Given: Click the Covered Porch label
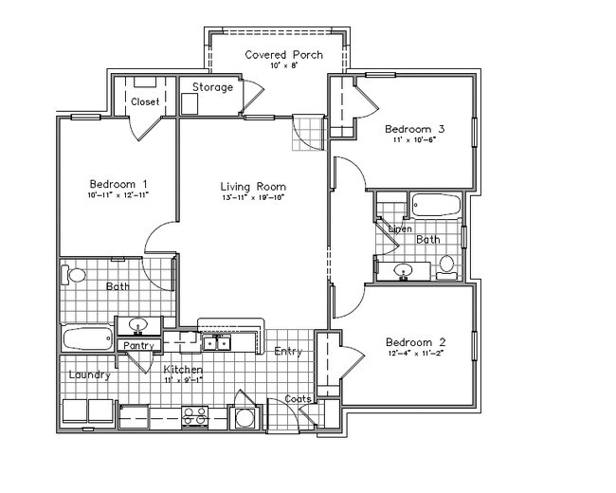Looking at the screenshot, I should pyautogui.click(x=283, y=55).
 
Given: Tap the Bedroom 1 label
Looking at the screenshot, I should pyautogui.click(x=118, y=184).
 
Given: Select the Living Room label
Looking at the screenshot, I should pyautogui.click(x=253, y=187).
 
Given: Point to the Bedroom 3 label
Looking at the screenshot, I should pyautogui.click(x=414, y=129).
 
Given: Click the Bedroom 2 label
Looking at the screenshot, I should pyautogui.click(x=415, y=342).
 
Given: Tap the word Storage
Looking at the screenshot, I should pyautogui.click(x=212, y=87).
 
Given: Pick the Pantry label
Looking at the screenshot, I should pyautogui.click(x=138, y=345).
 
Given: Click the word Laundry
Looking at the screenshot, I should pyautogui.click(x=90, y=374).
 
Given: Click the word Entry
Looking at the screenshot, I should pyautogui.click(x=288, y=352).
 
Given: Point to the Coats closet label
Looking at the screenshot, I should pyautogui.click(x=299, y=399).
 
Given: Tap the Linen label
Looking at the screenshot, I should pyautogui.click(x=399, y=229).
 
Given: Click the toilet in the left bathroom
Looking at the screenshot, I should pyautogui.click(x=76, y=276).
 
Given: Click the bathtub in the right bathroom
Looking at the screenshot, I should pyautogui.click(x=435, y=205).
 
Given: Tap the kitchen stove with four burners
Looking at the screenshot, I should pyautogui.click(x=195, y=413).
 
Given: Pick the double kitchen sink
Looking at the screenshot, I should pyautogui.click(x=216, y=342).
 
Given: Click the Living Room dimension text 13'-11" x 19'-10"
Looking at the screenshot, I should pyautogui.click(x=253, y=198).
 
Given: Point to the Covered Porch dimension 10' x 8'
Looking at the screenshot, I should pyautogui.click(x=283, y=66).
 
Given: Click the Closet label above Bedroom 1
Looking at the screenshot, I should pyautogui.click(x=145, y=101).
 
